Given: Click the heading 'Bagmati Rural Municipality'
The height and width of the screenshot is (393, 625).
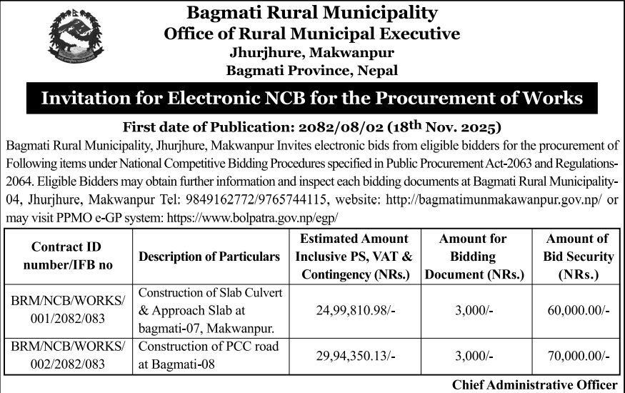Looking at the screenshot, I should [311, 12].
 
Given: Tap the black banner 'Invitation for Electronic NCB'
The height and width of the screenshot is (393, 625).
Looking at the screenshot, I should [312, 98].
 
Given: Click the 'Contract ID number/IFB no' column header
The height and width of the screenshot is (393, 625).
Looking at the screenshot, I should [66, 256].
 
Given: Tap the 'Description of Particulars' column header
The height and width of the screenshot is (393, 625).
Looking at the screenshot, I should [209, 256].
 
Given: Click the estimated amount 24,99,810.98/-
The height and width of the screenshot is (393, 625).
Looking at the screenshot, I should [355, 310].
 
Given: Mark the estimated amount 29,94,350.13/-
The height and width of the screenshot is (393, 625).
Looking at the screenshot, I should [355, 355].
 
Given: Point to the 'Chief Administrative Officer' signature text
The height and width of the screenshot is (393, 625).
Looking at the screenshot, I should [534, 384].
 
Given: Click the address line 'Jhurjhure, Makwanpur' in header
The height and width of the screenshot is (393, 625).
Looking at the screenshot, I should [311, 52].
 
